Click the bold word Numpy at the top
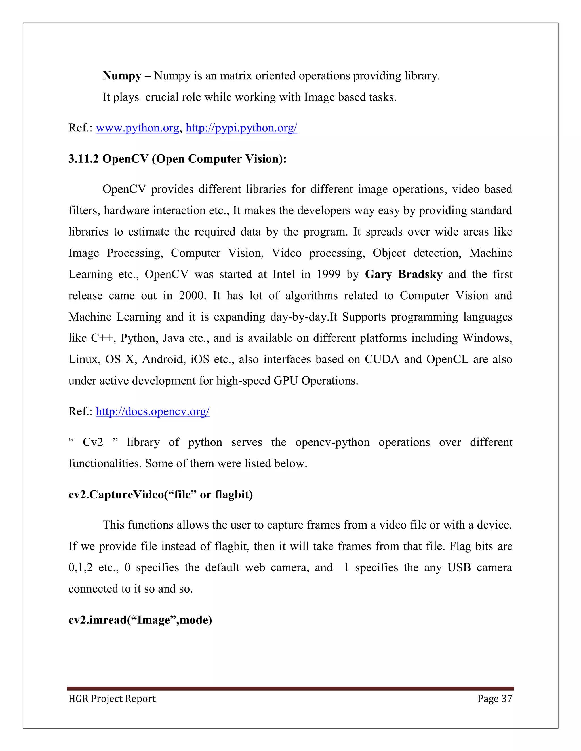122,76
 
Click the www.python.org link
137,128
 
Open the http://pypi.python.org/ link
241,128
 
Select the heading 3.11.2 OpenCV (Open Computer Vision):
177,159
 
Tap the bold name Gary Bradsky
403,274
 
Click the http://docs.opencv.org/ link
152,411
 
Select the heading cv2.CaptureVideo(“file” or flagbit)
160,495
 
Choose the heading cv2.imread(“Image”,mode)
140,620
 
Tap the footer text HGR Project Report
112,699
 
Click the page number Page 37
494,699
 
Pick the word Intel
284,274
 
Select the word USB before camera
459,568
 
